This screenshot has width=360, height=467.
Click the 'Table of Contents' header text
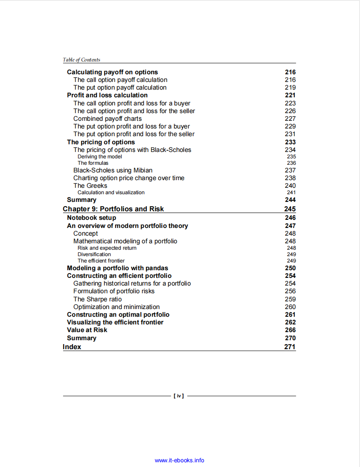tap(81, 60)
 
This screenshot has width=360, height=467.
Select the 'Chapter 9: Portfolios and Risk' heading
tap(113, 209)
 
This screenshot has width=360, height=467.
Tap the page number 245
tap(290, 209)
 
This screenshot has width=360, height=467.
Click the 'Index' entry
tap(72, 347)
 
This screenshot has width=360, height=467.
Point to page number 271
tap(290, 347)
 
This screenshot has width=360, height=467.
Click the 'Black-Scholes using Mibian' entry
tap(113, 170)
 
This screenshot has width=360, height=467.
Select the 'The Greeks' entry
tap(90, 186)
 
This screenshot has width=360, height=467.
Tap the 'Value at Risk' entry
tap(87, 330)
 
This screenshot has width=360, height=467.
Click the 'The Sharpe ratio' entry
tap(97, 299)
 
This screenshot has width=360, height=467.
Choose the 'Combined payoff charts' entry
tap(107, 119)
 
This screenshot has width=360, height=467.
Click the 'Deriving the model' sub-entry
tap(99, 157)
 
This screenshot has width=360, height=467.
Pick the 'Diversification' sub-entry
tap(94, 254)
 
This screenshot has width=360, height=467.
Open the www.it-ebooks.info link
tap(179, 460)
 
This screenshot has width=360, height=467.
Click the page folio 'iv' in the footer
tap(179, 396)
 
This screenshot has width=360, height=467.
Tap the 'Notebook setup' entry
tap(91, 218)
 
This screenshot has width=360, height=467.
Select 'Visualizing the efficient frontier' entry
tap(115, 322)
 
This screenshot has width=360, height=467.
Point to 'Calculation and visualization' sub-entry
tap(111, 193)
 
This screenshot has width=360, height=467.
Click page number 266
tap(290, 330)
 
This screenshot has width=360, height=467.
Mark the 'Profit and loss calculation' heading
tap(107, 95)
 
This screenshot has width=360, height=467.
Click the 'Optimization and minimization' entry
tap(116, 307)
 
